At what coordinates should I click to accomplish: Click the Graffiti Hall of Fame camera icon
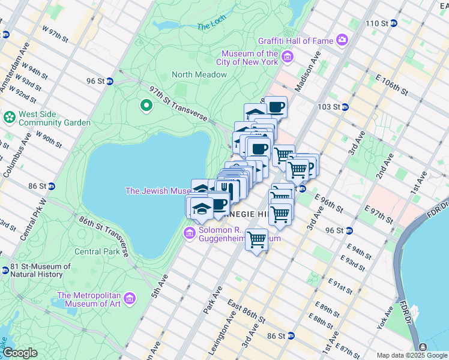click(x=342, y=40)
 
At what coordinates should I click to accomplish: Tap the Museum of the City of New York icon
click(x=288, y=57)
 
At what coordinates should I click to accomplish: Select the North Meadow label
click(x=199, y=74)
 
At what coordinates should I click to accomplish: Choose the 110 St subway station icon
click(x=394, y=23)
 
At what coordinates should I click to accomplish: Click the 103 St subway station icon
click(x=345, y=107)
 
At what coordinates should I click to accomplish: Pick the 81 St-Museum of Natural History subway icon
click(x=5, y=271)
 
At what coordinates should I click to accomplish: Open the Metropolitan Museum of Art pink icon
click(x=130, y=298)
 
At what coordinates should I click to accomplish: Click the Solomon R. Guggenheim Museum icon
click(x=190, y=233)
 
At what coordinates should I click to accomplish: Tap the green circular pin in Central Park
click(x=146, y=106)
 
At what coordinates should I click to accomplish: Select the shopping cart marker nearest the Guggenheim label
click(x=257, y=239)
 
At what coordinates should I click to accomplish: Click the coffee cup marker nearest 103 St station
click(x=276, y=107)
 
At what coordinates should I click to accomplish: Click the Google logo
click(x=20, y=353)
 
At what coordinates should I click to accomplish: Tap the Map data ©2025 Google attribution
click(x=411, y=355)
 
